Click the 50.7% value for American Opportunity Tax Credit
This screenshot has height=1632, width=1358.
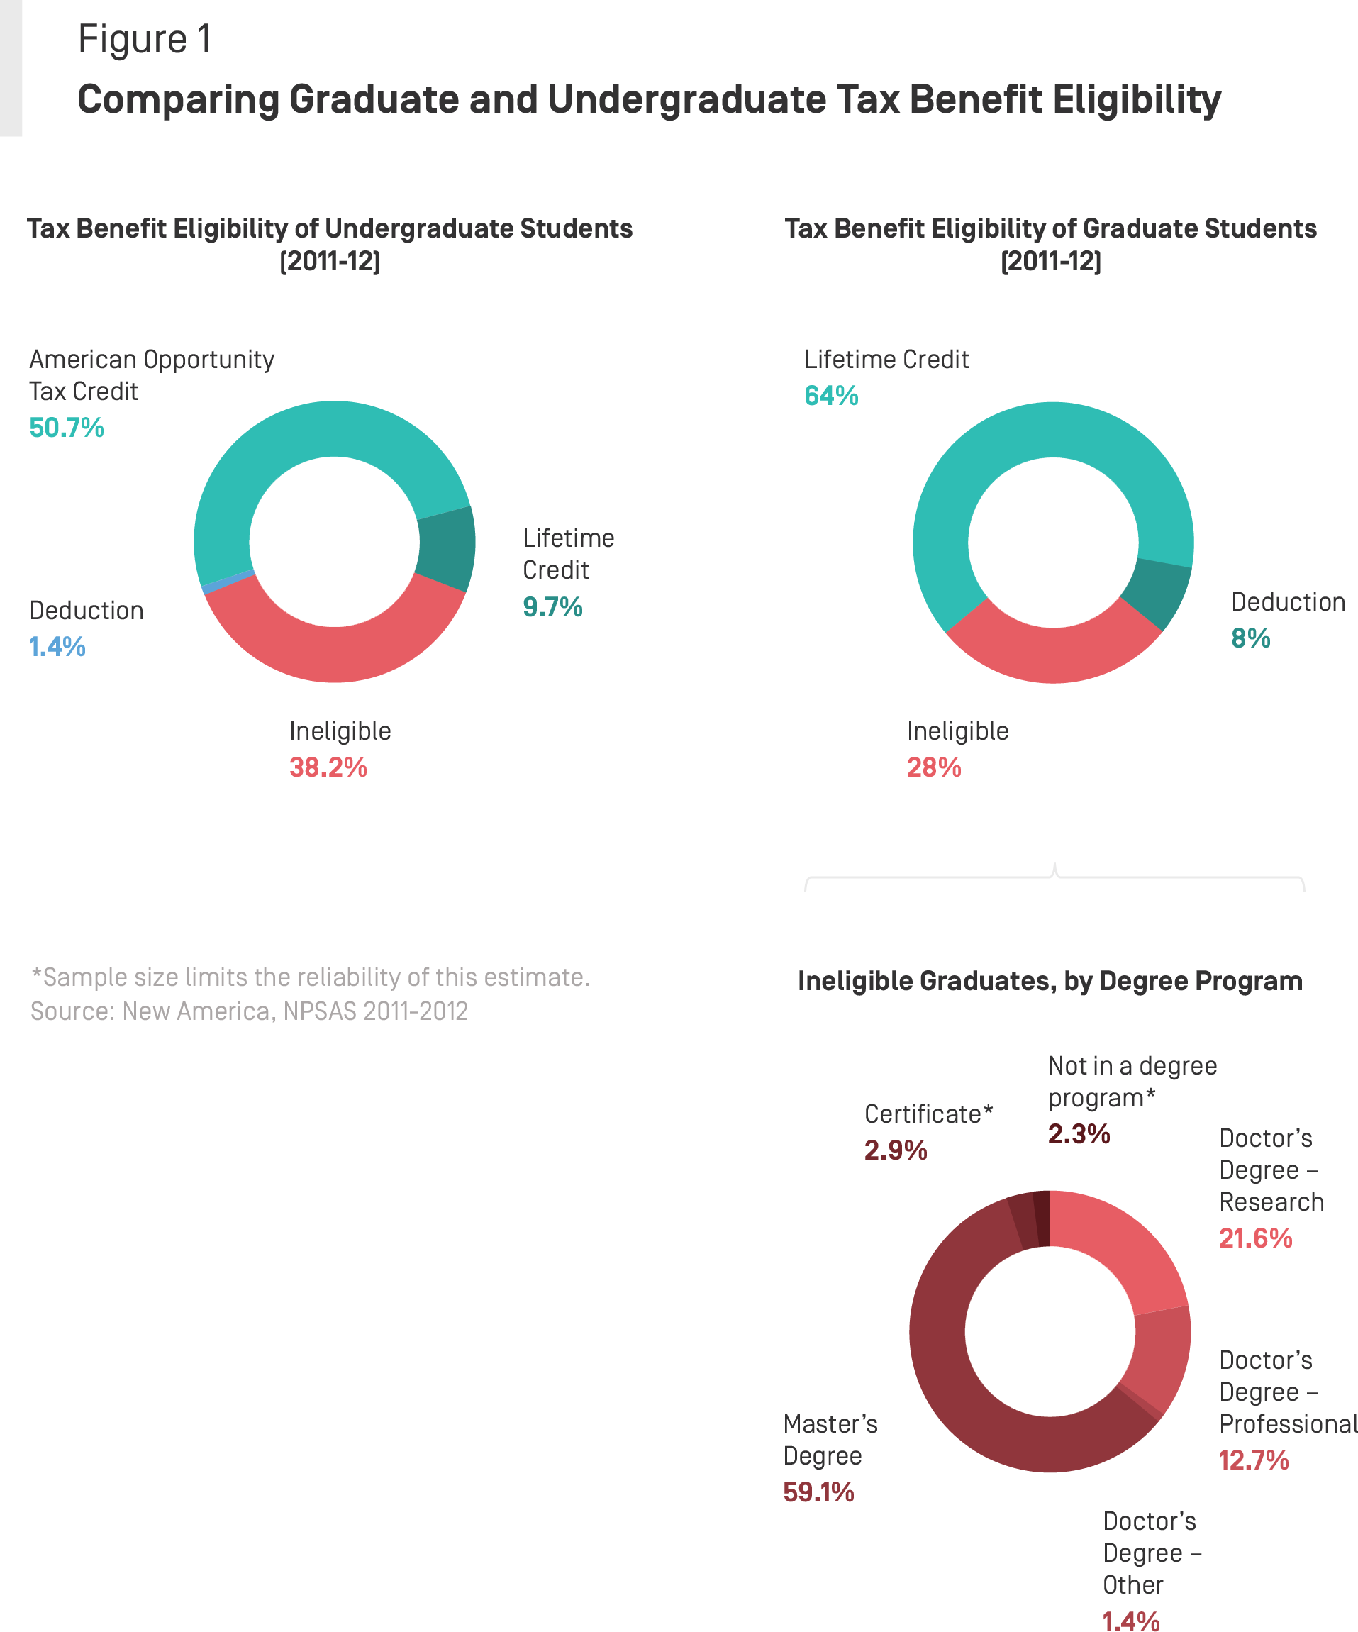click(66, 428)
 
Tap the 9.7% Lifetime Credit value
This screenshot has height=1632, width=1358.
click(552, 606)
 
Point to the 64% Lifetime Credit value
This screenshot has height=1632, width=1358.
click(830, 396)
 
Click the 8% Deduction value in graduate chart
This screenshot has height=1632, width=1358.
click(1250, 638)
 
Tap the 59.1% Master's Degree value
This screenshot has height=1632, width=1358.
click(818, 1492)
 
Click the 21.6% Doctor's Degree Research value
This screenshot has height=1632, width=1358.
click(1254, 1238)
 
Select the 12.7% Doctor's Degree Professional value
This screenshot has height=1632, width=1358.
click(1252, 1460)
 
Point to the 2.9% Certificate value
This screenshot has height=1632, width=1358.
click(895, 1150)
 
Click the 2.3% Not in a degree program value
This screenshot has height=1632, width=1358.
click(1078, 1134)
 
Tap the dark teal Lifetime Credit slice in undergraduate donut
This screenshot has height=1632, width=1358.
click(446, 548)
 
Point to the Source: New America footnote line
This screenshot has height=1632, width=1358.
click(249, 1011)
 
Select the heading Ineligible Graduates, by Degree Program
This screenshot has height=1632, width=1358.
click(1049, 981)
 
